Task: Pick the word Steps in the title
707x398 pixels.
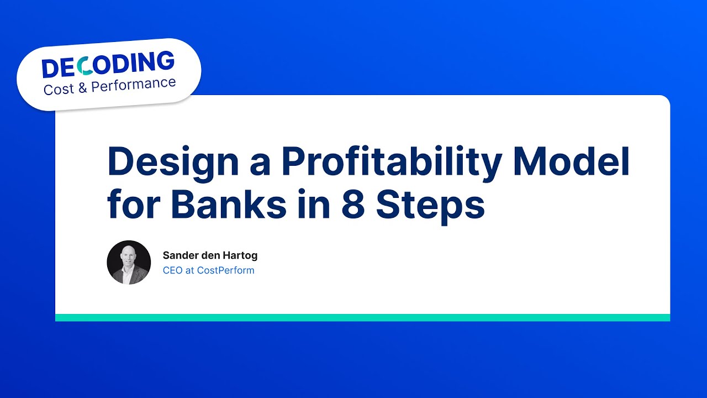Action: point(431,206)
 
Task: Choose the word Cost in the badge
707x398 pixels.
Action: point(59,89)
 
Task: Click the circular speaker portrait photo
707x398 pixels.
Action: point(129,263)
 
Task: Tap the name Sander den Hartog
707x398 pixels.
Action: point(210,255)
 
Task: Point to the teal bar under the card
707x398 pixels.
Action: point(362,317)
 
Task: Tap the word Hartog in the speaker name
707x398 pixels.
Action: point(241,255)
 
